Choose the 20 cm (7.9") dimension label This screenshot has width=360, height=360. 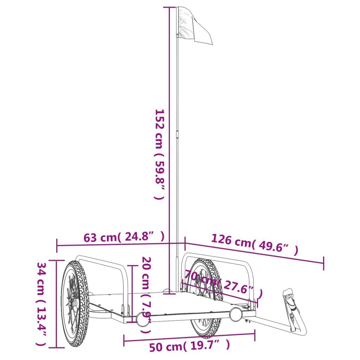[x=146, y=295]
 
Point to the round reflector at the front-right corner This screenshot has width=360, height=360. [x=236, y=314]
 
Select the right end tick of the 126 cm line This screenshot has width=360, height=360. [x=323, y=263]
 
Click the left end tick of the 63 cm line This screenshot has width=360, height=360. [x=57, y=246]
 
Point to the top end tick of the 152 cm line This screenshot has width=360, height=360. [x=169, y=7]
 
